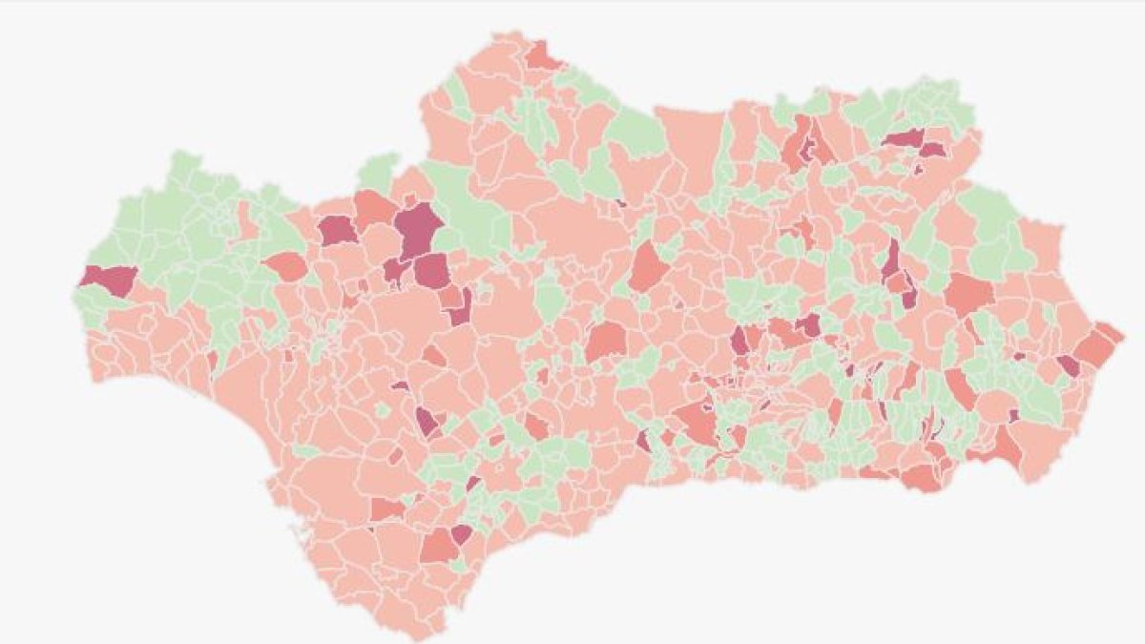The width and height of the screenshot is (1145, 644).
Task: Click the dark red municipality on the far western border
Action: tap(108, 278)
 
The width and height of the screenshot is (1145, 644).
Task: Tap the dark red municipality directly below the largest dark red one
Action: tap(431, 270)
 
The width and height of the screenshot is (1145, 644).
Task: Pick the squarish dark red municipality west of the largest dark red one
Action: tap(337, 231)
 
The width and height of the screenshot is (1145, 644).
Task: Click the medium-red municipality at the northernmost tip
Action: tap(543, 55)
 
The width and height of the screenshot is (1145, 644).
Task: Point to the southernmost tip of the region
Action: tap(420, 634)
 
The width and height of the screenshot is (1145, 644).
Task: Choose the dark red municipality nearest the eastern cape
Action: tap(1068, 364)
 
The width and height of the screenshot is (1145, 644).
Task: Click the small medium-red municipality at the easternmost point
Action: tap(1110, 333)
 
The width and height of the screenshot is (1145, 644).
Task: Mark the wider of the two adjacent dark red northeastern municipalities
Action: tap(903, 138)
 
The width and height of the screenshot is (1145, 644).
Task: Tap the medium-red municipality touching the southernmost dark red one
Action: tap(438, 547)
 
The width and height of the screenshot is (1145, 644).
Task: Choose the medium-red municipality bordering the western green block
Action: tap(285, 267)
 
